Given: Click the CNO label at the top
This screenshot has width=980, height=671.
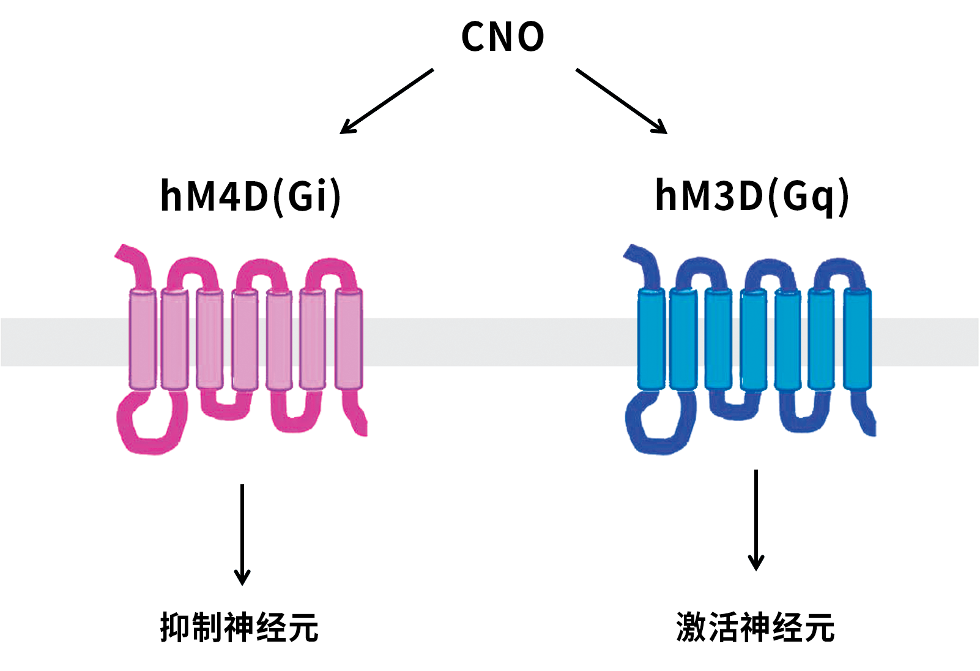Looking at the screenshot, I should click(502, 37).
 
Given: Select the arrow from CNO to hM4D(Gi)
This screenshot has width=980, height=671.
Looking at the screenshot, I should click(387, 101).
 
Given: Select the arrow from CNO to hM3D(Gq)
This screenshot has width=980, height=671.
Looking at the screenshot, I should click(622, 101).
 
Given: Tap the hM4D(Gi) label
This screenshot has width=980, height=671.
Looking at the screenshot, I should click(250, 196).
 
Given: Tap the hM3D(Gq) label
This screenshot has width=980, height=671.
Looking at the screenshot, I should click(752, 196).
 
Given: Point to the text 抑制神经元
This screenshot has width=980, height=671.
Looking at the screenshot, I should click(239, 628).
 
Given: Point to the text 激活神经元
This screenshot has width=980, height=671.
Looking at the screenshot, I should click(755, 628).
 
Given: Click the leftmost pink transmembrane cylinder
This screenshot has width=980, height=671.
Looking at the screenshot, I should click(143, 339).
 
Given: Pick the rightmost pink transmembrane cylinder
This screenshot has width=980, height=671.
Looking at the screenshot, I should click(349, 339).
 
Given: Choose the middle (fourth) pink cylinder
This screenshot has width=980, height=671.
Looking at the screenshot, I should click(245, 339).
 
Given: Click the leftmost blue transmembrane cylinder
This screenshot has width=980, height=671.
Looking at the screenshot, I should click(651, 339).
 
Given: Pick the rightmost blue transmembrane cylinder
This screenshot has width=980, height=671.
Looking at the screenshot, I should click(858, 339).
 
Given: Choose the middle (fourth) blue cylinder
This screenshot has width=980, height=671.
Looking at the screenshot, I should click(754, 339).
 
